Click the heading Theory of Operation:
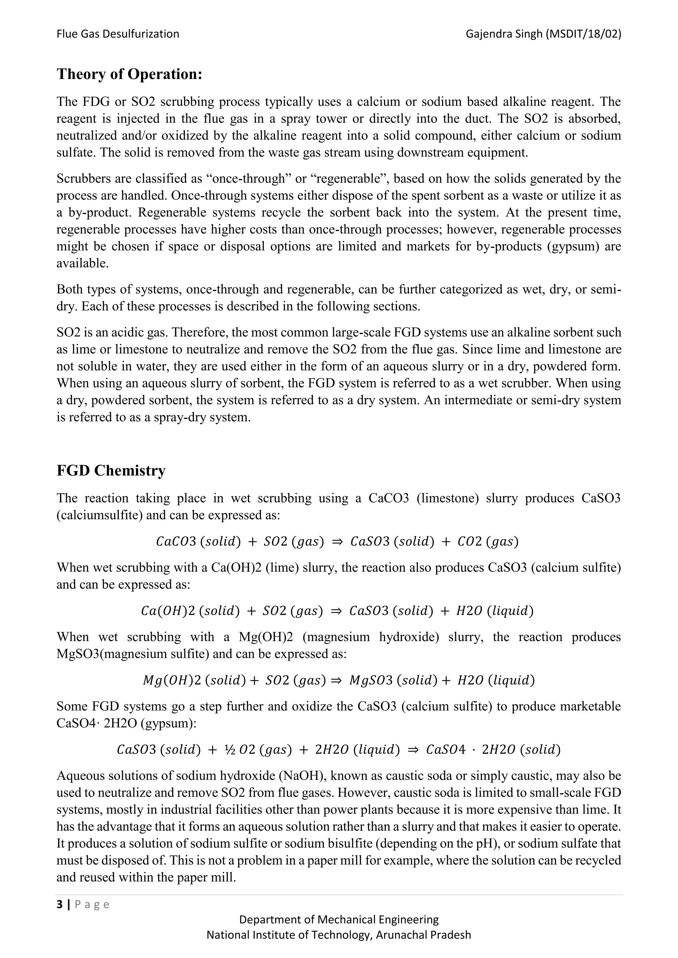129,74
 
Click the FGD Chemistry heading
111,471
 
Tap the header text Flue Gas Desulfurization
118,34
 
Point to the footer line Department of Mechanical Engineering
339,920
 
